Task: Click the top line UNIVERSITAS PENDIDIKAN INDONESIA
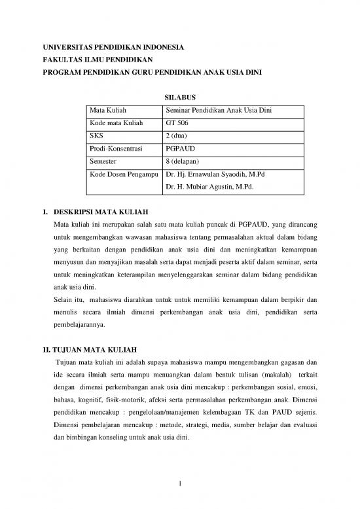tap(109, 47)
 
